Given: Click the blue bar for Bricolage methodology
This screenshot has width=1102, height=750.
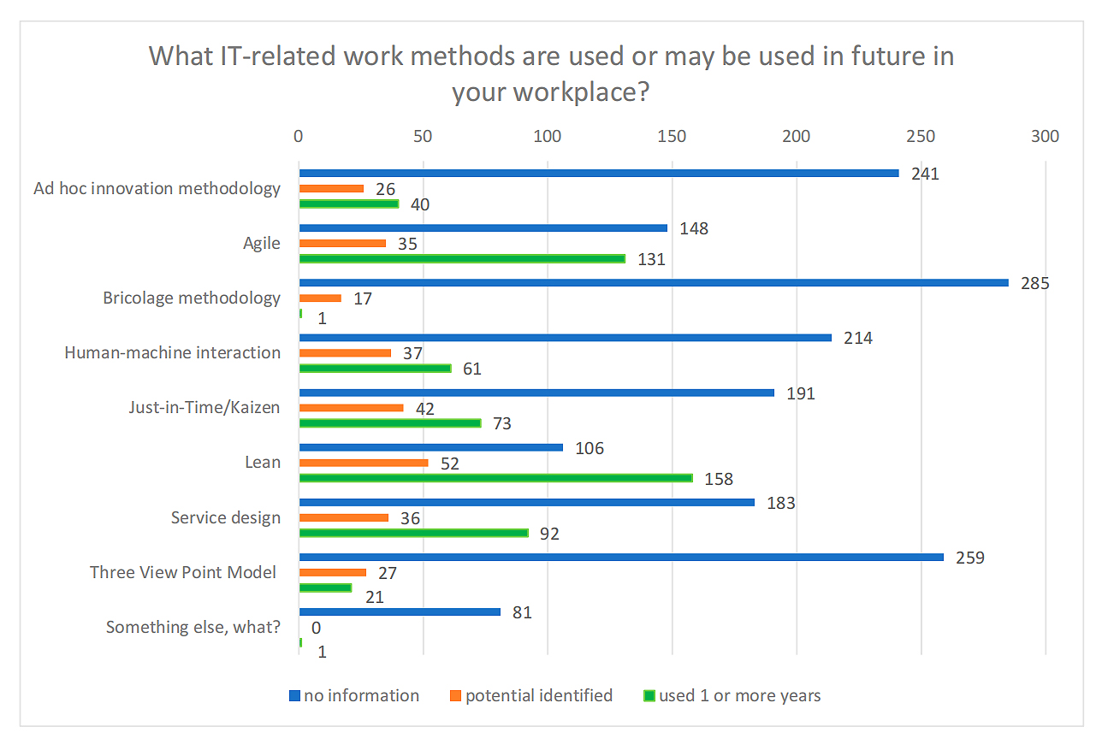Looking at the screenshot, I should coord(654,283).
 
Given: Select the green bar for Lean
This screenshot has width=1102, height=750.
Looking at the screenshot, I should coord(495,478).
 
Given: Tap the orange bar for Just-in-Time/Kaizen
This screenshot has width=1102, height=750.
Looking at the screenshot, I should coord(351,408).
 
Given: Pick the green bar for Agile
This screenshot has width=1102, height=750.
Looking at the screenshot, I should coord(462,259).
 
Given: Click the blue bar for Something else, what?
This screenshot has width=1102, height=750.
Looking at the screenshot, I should coord(400,611).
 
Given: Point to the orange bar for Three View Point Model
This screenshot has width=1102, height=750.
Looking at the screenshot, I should coord(332,572).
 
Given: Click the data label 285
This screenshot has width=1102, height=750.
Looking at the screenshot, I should coord(1034,284).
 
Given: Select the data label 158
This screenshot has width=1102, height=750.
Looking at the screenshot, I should coord(719,479).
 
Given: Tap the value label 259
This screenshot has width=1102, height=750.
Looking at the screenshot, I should coord(970,558).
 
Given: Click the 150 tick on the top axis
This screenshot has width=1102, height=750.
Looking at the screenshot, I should coord(672,137).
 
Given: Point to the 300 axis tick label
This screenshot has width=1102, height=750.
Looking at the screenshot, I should coord(1045,137).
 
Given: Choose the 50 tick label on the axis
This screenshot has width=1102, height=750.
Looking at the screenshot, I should coord(423,137).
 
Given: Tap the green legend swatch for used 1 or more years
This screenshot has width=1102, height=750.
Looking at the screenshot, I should coord(649,696).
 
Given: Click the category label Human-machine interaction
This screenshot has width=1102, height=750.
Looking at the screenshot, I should coord(172,352).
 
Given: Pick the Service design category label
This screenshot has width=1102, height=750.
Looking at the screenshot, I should coord(225,517).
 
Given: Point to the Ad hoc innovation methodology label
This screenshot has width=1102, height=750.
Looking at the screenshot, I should coord(157,188).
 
